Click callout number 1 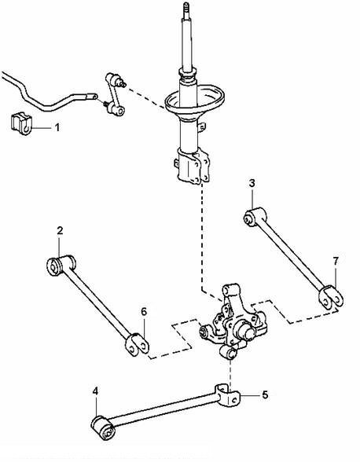tap(57, 127)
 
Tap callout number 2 tap(60, 230)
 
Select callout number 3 tap(252, 183)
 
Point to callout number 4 tap(95, 391)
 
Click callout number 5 tap(265, 394)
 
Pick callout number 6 tap(144, 311)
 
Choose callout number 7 tap(336, 261)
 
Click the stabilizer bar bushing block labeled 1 tap(21, 123)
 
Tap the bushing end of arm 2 tap(61, 265)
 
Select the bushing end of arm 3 tap(255, 217)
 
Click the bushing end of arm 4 tap(103, 427)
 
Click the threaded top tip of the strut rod tap(186, 8)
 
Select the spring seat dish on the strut tap(195, 101)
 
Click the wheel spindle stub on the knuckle tap(248, 332)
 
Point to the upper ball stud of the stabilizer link tap(122, 82)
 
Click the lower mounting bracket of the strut tap(193, 166)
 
